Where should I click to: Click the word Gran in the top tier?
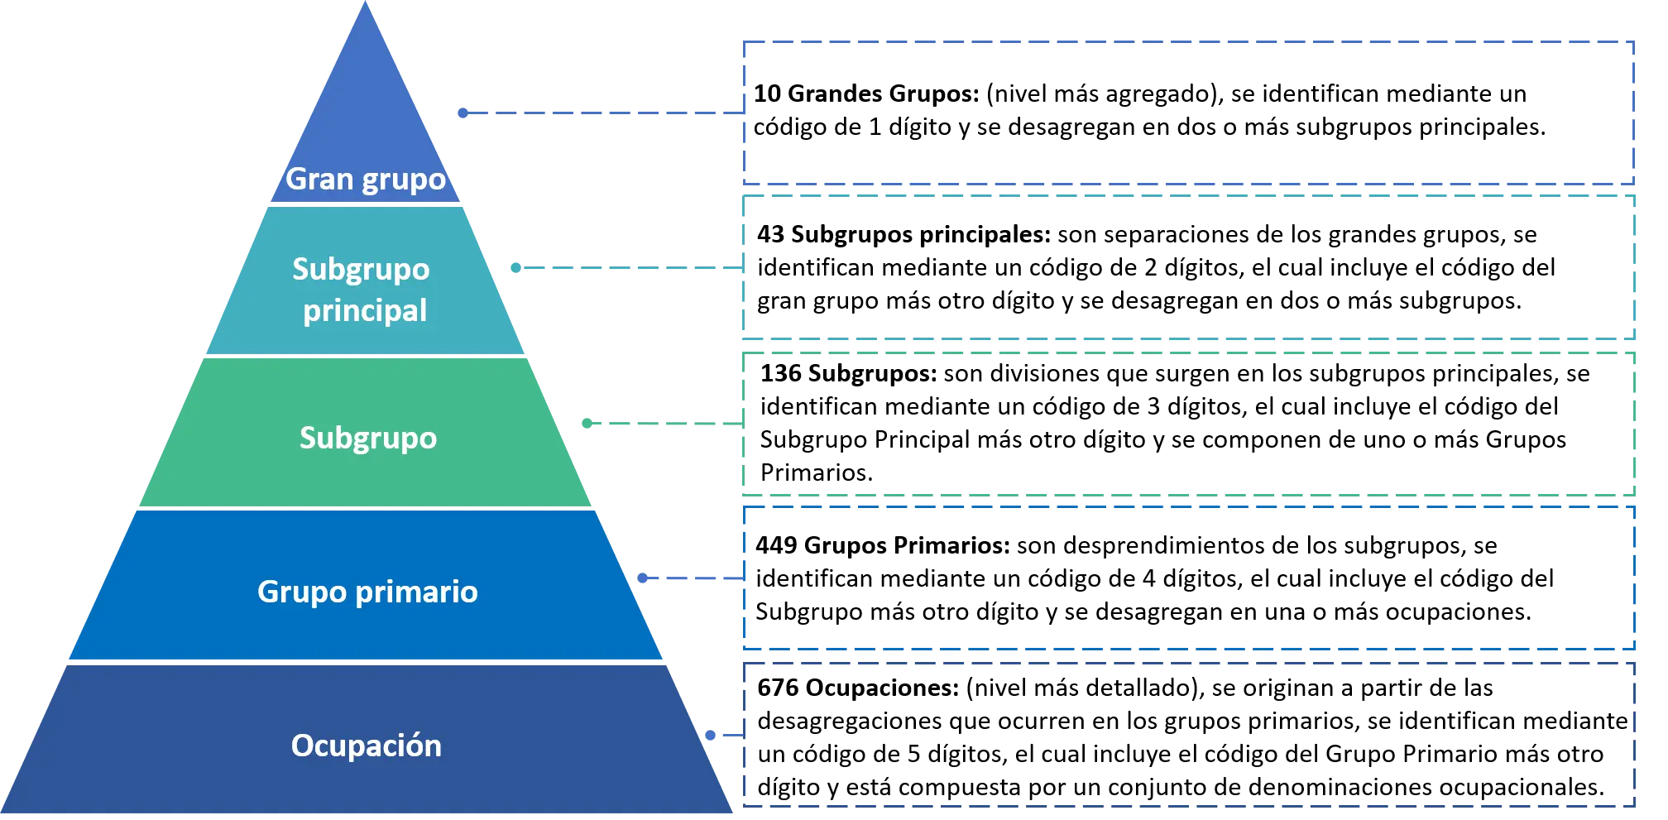[x=319, y=179]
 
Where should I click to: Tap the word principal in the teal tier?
[x=365, y=311]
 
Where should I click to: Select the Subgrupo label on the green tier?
[x=367, y=438]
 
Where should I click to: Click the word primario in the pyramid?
[x=417, y=592]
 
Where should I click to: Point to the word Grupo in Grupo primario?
[x=302, y=592]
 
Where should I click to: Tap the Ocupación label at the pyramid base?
[x=366, y=746]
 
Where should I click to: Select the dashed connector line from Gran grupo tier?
[x=601, y=112]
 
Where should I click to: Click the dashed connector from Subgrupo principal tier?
[x=629, y=267]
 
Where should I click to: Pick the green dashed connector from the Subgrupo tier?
[x=662, y=423]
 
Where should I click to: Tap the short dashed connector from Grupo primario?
[x=692, y=578]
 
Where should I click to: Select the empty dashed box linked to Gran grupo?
[x=1188, y=112]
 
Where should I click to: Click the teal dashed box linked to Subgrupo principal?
[x=1190, y=267]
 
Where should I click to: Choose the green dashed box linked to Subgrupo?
[x=1190, y=423]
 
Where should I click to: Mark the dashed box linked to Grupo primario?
[x=1190, y=578]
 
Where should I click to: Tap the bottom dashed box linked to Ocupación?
[x=1190, y=734]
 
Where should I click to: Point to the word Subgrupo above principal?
[x=361, y=270]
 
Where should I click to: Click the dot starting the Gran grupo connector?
[x=463, y=113]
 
